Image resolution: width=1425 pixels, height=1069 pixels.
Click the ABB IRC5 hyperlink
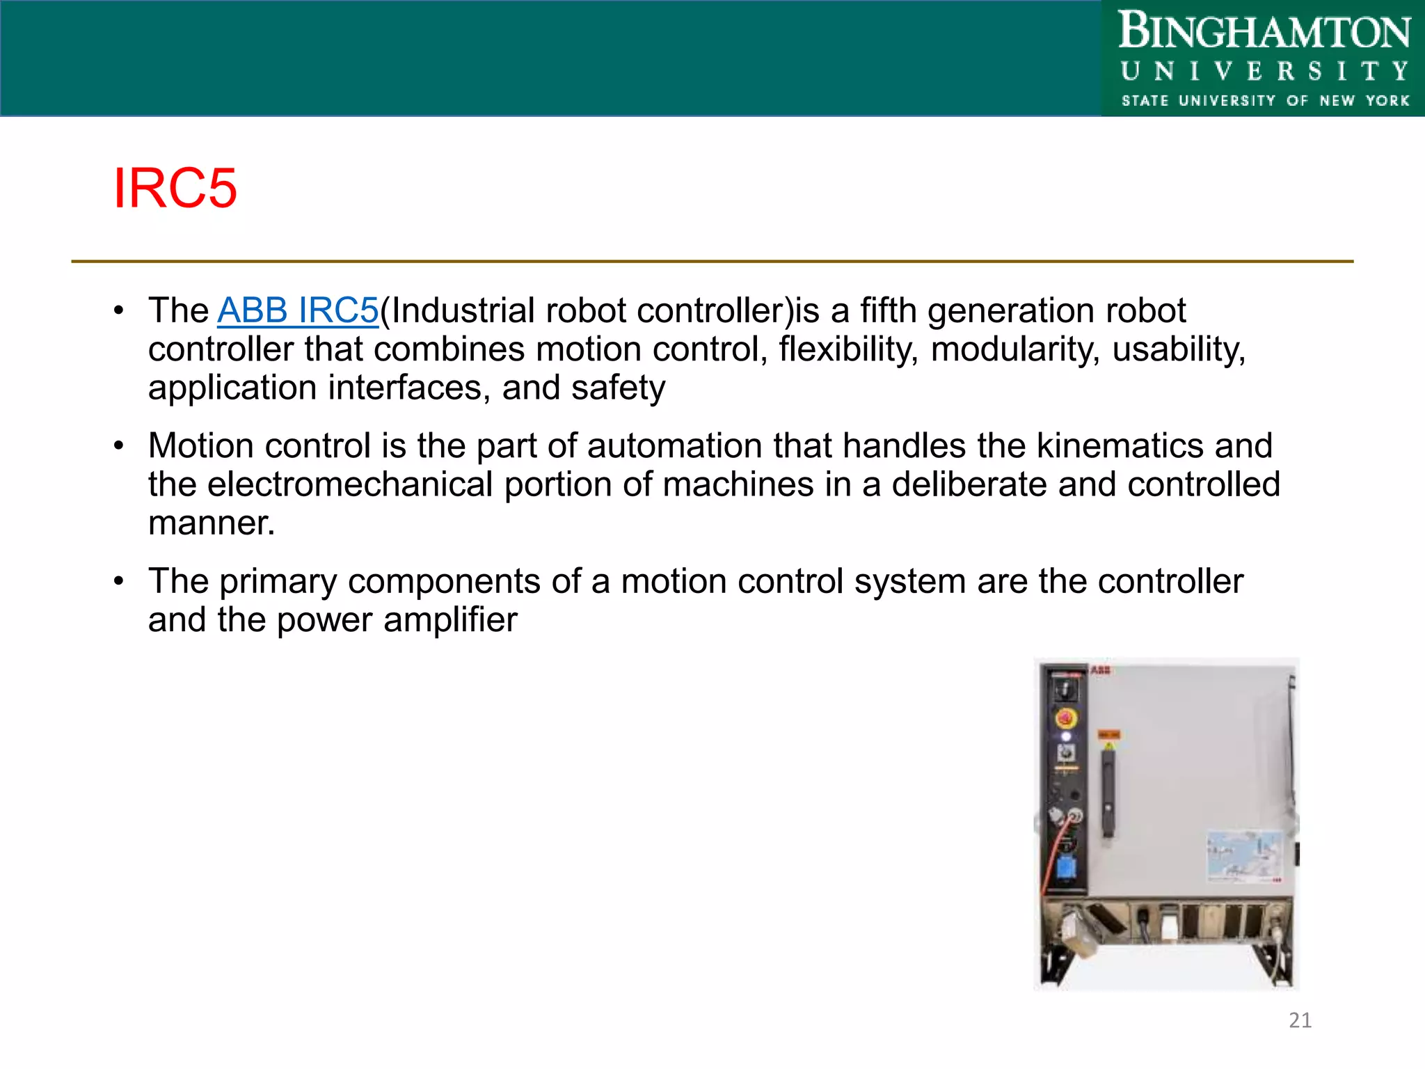(298, 310)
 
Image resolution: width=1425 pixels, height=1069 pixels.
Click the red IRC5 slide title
(175, 189)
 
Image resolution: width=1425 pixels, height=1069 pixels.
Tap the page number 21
(1300, 1020)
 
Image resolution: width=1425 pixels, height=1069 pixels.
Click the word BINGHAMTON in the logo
(1264, 32)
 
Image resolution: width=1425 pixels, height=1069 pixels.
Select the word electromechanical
(350, 484)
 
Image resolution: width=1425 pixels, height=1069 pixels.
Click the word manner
(211, 523)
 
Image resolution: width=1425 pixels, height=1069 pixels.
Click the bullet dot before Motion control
(119, 445)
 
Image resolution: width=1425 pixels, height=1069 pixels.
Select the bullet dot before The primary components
(119, 580)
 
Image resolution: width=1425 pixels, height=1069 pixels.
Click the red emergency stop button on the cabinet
(1065, 718)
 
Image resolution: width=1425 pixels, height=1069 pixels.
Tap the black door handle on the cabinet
(1108, 791)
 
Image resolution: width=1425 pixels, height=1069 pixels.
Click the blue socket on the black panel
(1065, 868)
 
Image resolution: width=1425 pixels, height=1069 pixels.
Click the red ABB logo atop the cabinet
(1100, 670)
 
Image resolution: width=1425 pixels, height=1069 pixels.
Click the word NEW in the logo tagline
(1337, 101)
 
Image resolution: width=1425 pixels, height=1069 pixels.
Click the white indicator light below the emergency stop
(1065, 736)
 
